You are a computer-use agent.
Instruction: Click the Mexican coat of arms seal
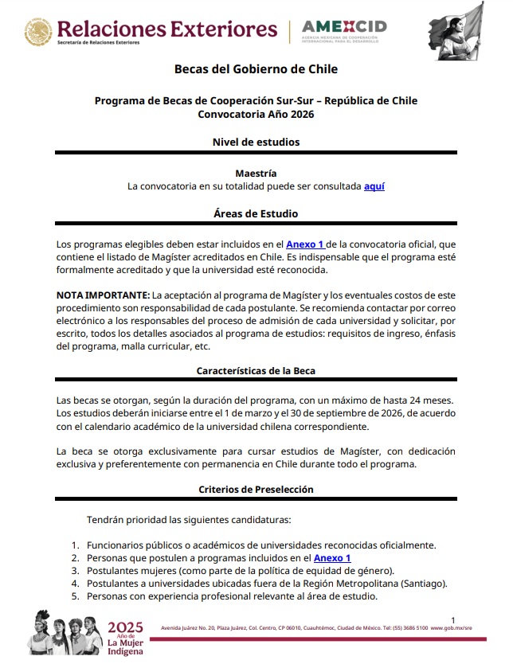[37, 32]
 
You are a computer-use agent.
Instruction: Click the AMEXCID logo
[344, 32]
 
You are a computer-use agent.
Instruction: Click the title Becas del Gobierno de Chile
[256, 69]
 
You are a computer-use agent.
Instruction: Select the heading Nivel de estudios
[256, 142]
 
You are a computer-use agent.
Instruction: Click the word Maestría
[256, 173]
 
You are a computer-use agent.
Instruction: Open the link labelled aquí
[374, 186]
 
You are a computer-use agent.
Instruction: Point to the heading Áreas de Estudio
[256, 214]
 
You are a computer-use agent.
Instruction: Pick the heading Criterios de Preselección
[256, 489]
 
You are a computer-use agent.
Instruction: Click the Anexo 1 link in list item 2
[332, 558]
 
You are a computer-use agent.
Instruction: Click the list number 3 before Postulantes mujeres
[75, 571]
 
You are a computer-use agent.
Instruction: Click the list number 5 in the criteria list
[75, 596]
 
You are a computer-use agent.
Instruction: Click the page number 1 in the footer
[452, 619]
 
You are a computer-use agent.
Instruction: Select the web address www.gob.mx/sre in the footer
[461, 629]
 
